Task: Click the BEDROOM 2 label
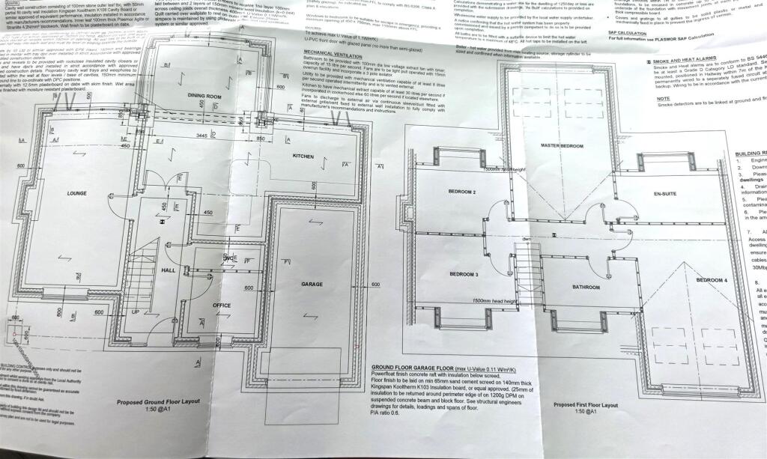coord(463,192)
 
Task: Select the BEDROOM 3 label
coord(464,275)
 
